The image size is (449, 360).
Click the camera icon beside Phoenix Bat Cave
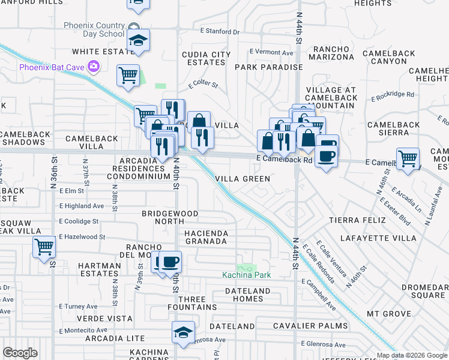click(93, 66)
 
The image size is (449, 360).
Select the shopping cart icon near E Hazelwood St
click(44, 247)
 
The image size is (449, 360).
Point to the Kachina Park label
click(247, 275)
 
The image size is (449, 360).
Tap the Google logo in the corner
click(20, 353)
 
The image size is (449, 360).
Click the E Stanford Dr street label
click(220, 31)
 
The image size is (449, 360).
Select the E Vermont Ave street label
click(271, 52)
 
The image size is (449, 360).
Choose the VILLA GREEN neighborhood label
click(243, 179)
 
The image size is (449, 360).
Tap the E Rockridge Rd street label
click(393, 94)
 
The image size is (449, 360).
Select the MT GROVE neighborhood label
click(389, 314)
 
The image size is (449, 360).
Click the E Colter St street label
click(203, 85)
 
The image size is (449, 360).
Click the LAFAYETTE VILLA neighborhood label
click(378, 238)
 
